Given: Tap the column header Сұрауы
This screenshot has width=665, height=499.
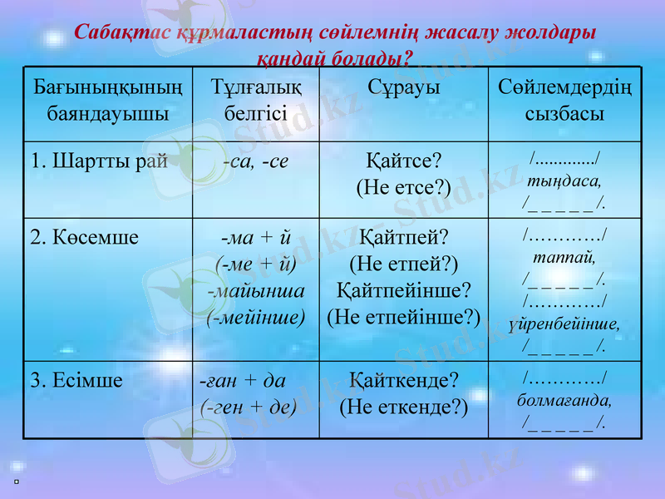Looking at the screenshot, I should [x=403, y=88].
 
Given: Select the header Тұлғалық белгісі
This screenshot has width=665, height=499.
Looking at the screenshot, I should [x=255, y=100].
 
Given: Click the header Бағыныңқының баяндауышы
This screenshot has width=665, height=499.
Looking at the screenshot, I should [x=107, y=100].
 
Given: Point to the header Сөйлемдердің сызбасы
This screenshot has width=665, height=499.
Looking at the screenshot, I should [x=564, y=100].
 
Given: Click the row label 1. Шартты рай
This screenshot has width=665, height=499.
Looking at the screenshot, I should [x=99, y=161].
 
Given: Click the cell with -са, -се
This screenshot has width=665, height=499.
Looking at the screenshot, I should [x=256, y=161].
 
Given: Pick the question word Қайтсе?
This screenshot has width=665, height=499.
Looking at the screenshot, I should [x=403, y=161].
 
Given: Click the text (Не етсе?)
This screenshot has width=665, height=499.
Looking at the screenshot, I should [x=403, y=187].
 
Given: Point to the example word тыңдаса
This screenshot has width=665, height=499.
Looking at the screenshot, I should [x=564, y=179].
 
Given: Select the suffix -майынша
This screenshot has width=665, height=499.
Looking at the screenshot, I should [x=256, y=290].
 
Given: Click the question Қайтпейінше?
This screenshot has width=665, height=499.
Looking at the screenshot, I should [x=403, y=290].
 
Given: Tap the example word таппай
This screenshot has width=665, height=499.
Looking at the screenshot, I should [x=564, y=257].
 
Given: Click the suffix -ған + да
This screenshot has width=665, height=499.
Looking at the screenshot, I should [x=244, y=381].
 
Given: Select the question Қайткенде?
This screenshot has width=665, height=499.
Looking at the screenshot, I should [x=403, y=381].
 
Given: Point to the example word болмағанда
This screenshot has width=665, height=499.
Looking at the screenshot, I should [x=564, y=400].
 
